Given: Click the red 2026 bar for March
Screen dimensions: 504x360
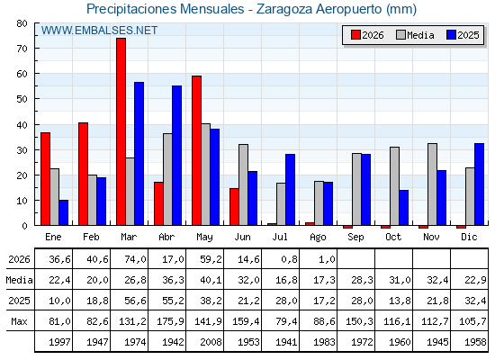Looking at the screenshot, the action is tap(121, 131).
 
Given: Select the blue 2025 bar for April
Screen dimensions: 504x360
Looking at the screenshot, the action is tap(176, 155).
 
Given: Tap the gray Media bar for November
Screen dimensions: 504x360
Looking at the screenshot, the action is tap(432, 184).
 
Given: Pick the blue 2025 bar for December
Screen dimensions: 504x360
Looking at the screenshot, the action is tap(479, 184).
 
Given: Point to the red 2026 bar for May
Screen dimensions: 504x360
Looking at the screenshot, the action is tap(197, 150).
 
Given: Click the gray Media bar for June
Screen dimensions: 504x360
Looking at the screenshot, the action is tap(244, 184).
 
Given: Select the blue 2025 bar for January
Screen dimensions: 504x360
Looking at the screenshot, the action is tap(64, 212).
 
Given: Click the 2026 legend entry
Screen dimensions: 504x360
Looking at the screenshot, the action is tap(368, 35).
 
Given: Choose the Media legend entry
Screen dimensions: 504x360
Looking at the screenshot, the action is tap(415, 35).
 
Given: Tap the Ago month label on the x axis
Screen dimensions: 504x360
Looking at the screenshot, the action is tap(318, 238).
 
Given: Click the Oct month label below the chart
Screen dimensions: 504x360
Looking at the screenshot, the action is tap(393, 237).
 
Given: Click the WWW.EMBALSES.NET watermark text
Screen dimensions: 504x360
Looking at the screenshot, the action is tap(99, 31).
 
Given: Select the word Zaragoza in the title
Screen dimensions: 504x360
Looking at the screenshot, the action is tap(284, 9).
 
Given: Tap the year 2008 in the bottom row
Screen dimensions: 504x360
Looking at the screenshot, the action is tap(211, 342).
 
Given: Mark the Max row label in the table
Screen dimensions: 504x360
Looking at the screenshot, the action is tap(19, 321).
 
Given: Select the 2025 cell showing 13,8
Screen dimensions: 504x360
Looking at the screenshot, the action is tap(400, 301).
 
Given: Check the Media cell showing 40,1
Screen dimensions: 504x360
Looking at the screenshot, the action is tap(211, 280).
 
